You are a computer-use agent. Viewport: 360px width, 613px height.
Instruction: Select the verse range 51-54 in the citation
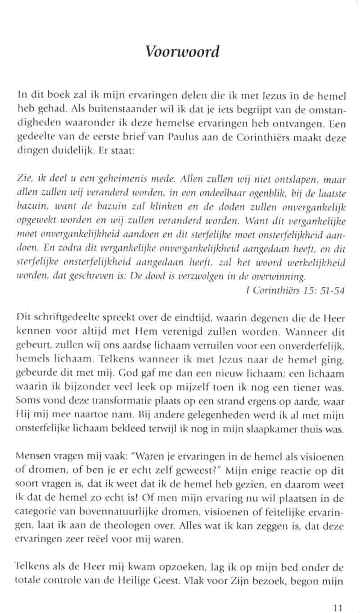click(333, 291)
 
